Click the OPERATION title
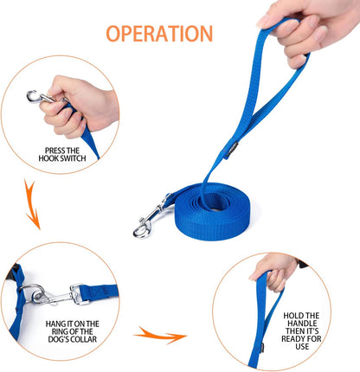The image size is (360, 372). (159, 34)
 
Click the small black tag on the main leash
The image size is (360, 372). (232, 150)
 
